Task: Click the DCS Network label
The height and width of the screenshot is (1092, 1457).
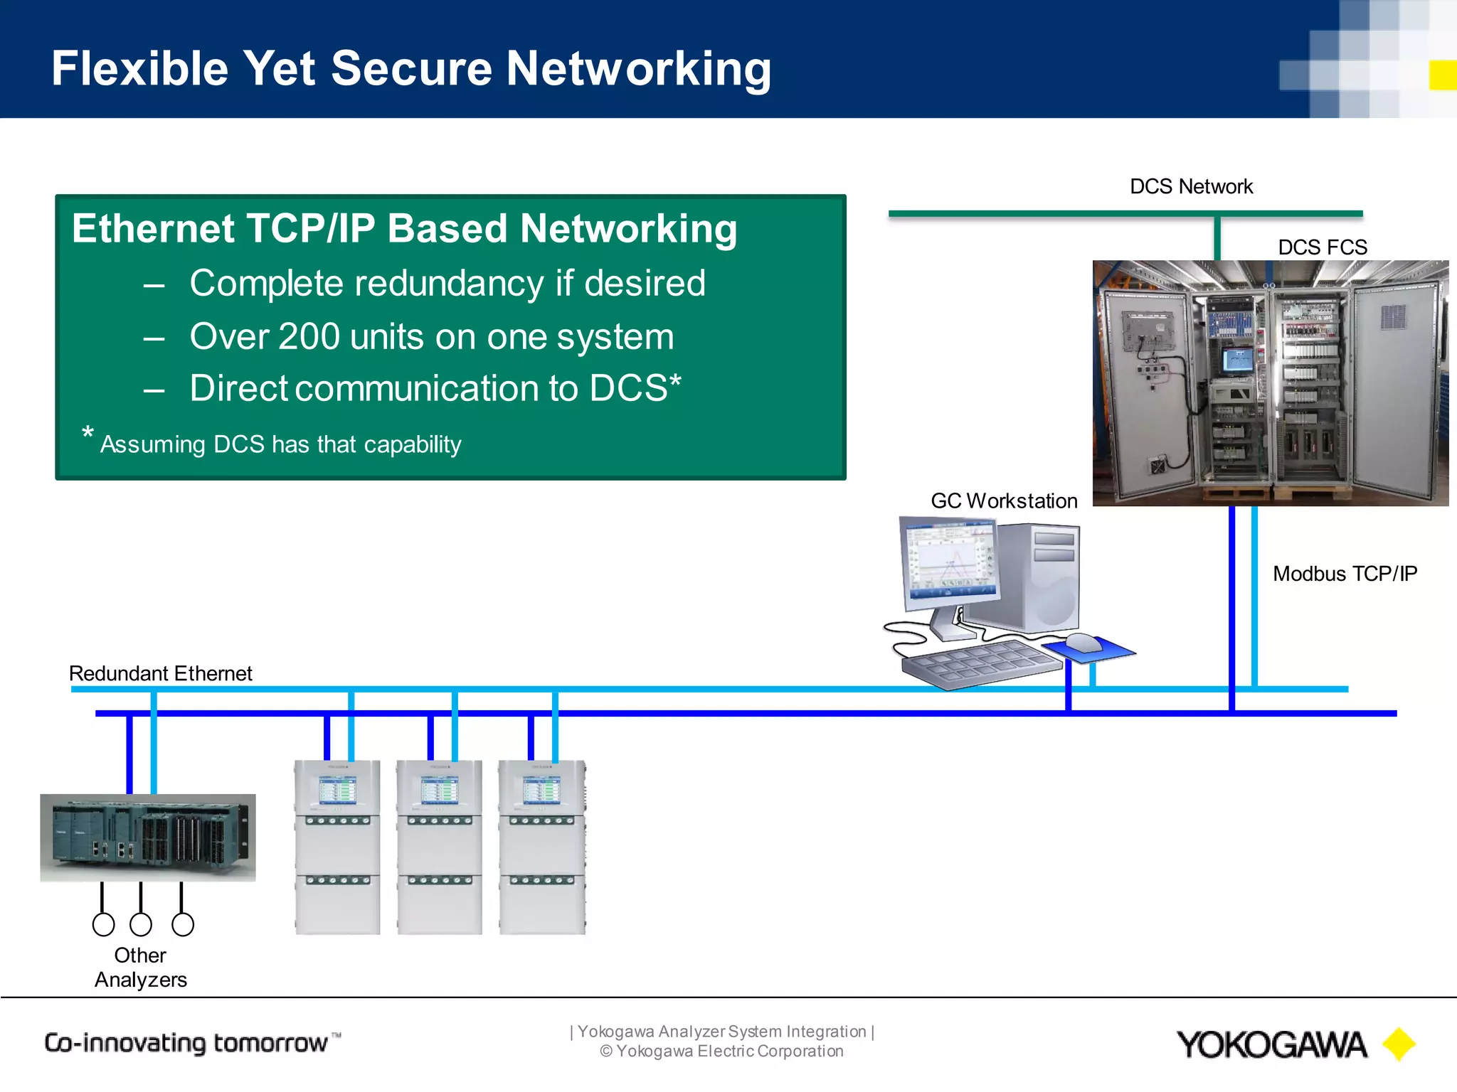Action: [x=1191, y=186]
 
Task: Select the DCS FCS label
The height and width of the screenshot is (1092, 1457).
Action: [x=1322, y=247]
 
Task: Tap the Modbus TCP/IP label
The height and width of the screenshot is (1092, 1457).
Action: [x=1345, y=574]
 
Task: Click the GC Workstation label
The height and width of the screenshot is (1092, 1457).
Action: [x=1004, y=501]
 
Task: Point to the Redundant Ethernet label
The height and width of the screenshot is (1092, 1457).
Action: [x=160, y=673]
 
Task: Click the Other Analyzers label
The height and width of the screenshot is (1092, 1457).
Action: [x=140, y=968]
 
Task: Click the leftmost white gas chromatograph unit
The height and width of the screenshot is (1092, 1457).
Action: [x=337, y=846]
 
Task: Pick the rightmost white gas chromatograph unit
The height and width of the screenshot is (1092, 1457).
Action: [x=542, y=846]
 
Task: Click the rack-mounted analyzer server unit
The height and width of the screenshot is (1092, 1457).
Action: [x=147, y=837]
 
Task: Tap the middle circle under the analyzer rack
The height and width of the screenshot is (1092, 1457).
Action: [x=141, y=924]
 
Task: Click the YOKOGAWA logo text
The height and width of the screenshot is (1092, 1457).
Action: [x=1271, y=1045]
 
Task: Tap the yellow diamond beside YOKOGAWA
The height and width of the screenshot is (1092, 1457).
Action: [x=1399, y=1044]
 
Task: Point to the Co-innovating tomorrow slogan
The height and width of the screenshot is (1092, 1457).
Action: [x=186, y=1043]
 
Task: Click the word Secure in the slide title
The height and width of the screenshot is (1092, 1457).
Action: [x=411, y=69]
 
